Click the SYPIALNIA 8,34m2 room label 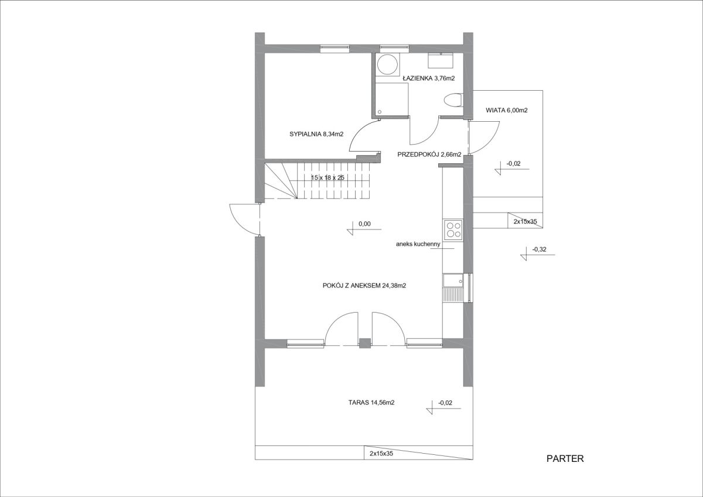click(316, 134)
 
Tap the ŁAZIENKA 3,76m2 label click(429, 78)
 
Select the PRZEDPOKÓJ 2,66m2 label click(429, 155)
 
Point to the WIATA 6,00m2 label click(507, 111)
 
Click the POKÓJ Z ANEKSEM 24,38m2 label click(364, 286)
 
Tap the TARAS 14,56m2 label click(371, 403)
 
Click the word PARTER click(565, 459)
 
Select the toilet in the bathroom click(453, 100)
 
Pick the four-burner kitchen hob click(453, 230)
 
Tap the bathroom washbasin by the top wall click(441, 60)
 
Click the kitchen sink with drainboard click(453, 288)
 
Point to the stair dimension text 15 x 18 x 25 click(327, 177)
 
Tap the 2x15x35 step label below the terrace click(381, 454)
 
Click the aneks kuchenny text click(418, 244)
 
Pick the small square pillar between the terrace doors click(364, 343)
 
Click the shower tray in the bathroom click(392, 100)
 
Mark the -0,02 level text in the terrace click(445, 403)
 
